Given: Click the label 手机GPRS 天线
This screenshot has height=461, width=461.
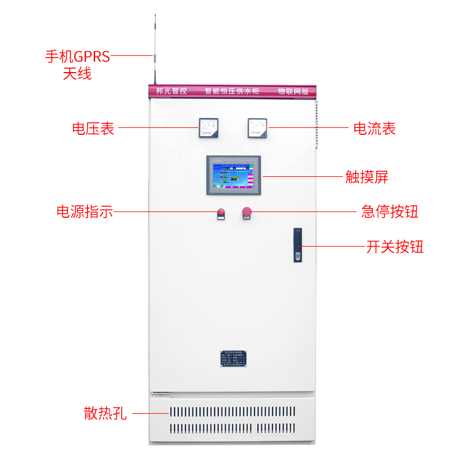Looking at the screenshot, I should [x=77, y=65].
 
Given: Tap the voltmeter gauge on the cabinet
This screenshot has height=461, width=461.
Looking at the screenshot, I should [x=208, y=127].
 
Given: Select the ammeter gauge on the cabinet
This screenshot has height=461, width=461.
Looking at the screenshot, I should [x=258, y=127].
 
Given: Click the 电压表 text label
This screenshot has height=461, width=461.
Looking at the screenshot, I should [x=93, y=128].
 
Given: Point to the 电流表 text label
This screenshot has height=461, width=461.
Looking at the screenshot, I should [x=375, y=128].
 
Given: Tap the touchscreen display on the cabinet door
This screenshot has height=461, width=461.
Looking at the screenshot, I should [x=233, y=175].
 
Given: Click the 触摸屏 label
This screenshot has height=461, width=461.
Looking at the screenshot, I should [x=366, y=176].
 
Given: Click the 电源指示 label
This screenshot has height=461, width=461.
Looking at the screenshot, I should [x=84, y=211].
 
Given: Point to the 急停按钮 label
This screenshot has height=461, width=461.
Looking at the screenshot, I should [x=390, y=211].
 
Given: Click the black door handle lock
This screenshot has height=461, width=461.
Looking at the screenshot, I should [x=298, y=245].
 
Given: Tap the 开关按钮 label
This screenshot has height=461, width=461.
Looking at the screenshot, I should [x=395, y=247].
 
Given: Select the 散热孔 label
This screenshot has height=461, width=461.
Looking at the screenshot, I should [x=105, y=413].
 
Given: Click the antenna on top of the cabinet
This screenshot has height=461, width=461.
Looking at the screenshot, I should [x=154, y=52].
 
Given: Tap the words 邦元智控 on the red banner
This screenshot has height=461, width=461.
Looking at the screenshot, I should [x=172, y=91].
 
